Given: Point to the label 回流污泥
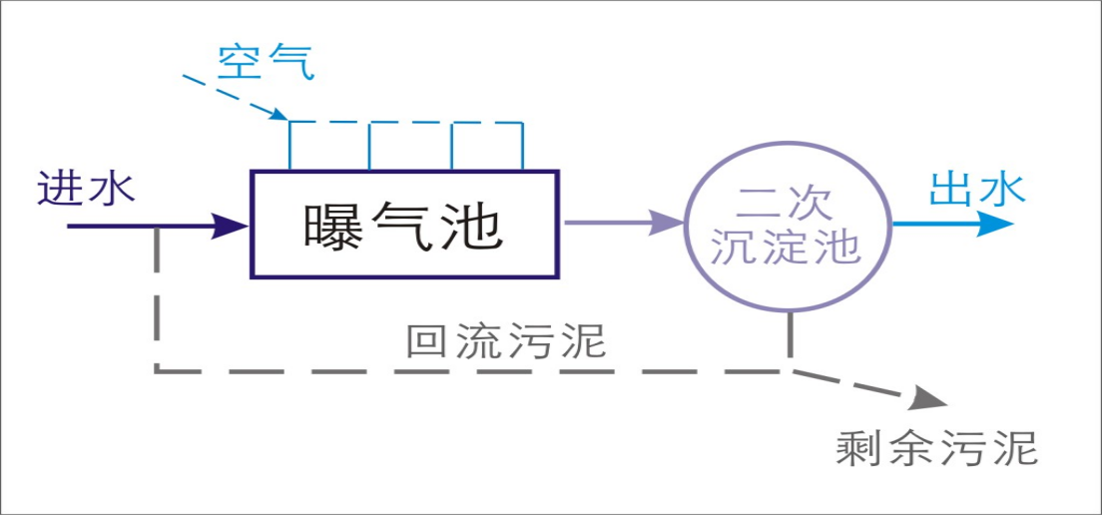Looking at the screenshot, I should [506, 341].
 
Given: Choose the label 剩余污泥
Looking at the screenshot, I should [936, 448].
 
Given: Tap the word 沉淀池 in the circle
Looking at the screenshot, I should [785, 246].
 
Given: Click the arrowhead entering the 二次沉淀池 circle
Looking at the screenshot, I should [666, 223].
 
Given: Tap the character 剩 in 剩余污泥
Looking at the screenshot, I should [858, 448].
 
